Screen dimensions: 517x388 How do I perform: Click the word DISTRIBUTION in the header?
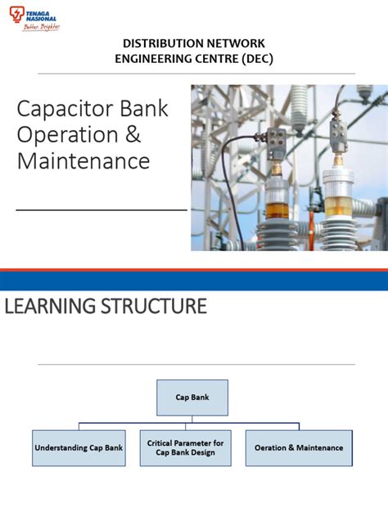(x=160, y=42)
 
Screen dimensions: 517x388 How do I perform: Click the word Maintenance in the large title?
(x=83, y=161)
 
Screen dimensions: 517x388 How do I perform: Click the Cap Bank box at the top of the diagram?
(x=192, y=397)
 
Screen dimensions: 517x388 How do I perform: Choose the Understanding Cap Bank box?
(x=79, y=447)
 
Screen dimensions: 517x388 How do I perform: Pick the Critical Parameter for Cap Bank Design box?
(x=185, y=447)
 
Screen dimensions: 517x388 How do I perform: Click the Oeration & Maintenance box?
(x=299, y=447)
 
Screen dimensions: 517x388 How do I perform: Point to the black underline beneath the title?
(x=102, y=209)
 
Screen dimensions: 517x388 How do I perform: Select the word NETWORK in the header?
(x=232, y=42)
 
